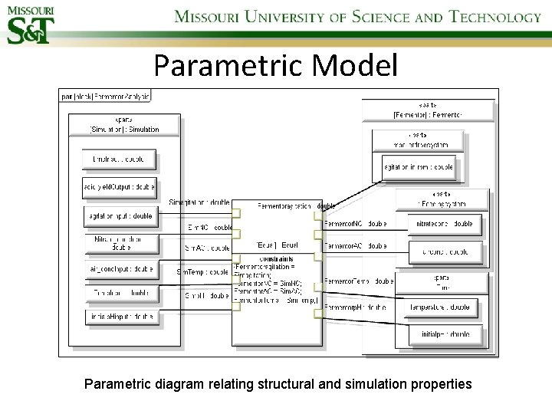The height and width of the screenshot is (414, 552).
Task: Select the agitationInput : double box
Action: click(x=120, y=217)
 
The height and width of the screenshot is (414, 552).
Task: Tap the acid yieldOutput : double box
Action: click(x=119, y=186)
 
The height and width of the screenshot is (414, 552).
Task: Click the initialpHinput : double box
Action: click(x=120, y=316)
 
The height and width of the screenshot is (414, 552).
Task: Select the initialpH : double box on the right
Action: click(x=445, y=334)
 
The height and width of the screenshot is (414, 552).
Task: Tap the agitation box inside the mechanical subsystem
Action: click(x=419, y=166)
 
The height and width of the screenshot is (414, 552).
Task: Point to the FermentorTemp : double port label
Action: click(x=359, y=281)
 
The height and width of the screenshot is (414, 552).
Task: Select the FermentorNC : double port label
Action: click(x=355, y=224)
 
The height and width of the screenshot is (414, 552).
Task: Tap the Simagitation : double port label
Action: click(x=199, y=202)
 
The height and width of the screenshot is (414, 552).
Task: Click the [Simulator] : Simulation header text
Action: click(x=125, y=130)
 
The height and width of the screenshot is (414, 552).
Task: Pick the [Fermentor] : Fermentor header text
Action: click(x=429, y=115)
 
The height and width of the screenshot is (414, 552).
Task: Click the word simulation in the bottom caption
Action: click(x=366, y=383)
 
